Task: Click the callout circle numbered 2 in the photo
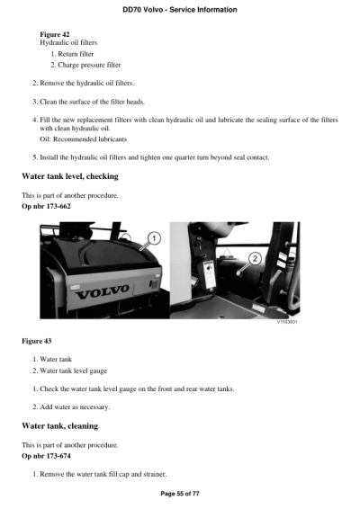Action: pos(255,257)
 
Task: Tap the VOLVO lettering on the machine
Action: pos(104,294)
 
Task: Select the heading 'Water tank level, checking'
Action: pos(70,176)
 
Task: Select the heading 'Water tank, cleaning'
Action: pos(59,425)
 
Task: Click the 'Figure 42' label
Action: pos(56,33)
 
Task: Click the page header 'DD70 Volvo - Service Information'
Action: pos(180,9)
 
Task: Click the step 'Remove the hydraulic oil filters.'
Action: pos(94,82)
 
